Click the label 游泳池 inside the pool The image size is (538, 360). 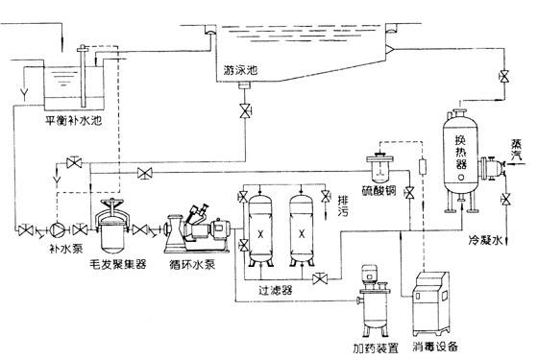coord(240,70)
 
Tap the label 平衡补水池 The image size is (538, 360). coord(74,121)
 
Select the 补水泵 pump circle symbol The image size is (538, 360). coord(57,229)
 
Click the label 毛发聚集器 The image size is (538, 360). coord(117,264)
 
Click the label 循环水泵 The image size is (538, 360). coord(192,264)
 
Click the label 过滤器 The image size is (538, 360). coord(276,290)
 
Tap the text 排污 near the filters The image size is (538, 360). coord(343,205)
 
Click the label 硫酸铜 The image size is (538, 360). coord(379,190)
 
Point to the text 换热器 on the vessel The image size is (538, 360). coord(461,152)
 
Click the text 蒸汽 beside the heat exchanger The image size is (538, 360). coord(517,150)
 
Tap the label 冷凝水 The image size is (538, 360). coord(485,240)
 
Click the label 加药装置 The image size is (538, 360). coord(376,348)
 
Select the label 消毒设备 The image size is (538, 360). coord(435,347)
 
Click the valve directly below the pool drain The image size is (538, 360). coord(245,110)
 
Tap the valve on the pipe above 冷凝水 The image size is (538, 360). coord(505,200)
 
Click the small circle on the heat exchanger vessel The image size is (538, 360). coord(461,178)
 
